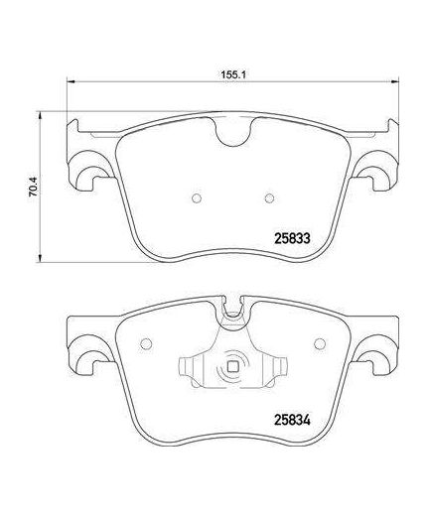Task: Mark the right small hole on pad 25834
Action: (320, 345)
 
